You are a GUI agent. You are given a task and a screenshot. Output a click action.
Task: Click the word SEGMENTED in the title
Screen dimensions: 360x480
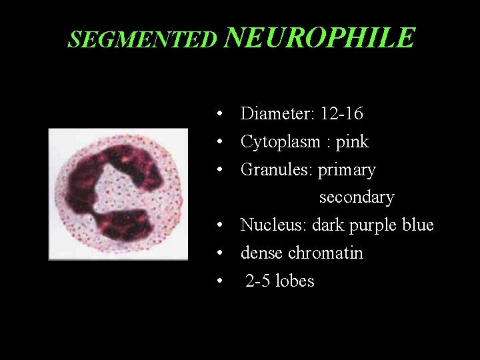143,41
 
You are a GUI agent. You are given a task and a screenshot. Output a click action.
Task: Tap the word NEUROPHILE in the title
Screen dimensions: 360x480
319,38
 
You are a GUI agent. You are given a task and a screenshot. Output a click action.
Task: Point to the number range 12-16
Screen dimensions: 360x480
341,114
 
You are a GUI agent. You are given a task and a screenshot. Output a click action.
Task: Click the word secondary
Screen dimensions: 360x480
357,198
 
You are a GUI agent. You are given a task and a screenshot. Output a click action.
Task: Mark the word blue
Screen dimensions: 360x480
418,225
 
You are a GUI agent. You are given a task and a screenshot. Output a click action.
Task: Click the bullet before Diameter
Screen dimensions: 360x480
219,115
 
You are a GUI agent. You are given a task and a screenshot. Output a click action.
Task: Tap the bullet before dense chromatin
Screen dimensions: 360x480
219,254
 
